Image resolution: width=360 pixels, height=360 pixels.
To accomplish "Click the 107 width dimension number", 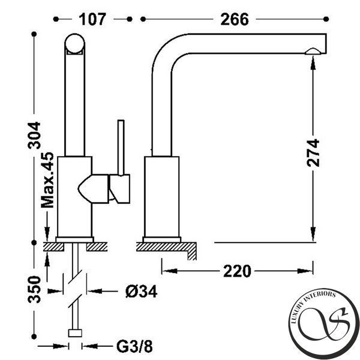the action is click(x=92, y=19).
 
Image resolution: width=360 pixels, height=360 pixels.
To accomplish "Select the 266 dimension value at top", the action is click(x=235, y=19).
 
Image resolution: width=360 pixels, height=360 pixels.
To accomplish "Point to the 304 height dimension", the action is click(x=34, y=136).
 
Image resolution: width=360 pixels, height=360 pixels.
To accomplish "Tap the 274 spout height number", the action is click(x=313, y=153).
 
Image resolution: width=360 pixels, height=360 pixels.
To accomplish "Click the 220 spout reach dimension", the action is click(x=237, y=271).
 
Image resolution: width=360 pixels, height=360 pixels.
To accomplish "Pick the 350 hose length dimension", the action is click(x=34, y=290).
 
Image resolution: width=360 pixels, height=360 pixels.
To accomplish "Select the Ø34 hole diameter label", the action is click(x=142, y=292).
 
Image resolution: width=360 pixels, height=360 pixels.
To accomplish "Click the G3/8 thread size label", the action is click(x=134, y=346).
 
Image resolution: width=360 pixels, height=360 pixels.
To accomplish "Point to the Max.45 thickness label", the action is click(x=47, y=180).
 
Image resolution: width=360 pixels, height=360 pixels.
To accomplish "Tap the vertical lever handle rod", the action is click(x=121, y=148).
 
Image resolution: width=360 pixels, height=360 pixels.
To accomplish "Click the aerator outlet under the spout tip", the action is click(x=313, y=51).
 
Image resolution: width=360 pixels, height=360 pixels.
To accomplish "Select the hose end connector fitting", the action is click(x=75, y=333).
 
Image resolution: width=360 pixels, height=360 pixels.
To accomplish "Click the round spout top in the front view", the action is click(x=74, y=44).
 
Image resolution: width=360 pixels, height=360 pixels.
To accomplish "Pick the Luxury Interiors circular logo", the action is click(x=324, y=323).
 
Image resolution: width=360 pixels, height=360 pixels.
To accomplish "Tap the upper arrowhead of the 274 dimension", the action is click(x=313, y=63).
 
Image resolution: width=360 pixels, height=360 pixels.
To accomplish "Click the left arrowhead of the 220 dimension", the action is click(x=169, y=271).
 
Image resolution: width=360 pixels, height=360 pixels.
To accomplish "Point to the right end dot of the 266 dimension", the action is click(x=326, y=19).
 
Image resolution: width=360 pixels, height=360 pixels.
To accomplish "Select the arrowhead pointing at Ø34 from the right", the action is click(x=95, y=292).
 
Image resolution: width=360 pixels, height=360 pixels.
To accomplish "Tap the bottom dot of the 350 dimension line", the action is click(x=34, y=337).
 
